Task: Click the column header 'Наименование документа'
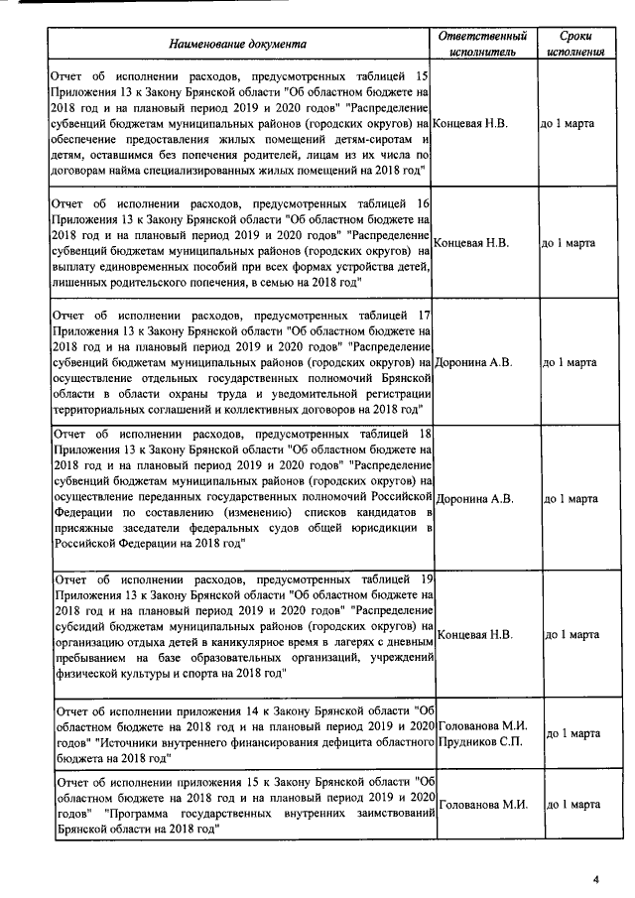tap(237, 44)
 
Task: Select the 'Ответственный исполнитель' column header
tap(481, 43)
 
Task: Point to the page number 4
tap(596, 878)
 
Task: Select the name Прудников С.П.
tap(482, 741)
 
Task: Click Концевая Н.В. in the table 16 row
tap(471, 242)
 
